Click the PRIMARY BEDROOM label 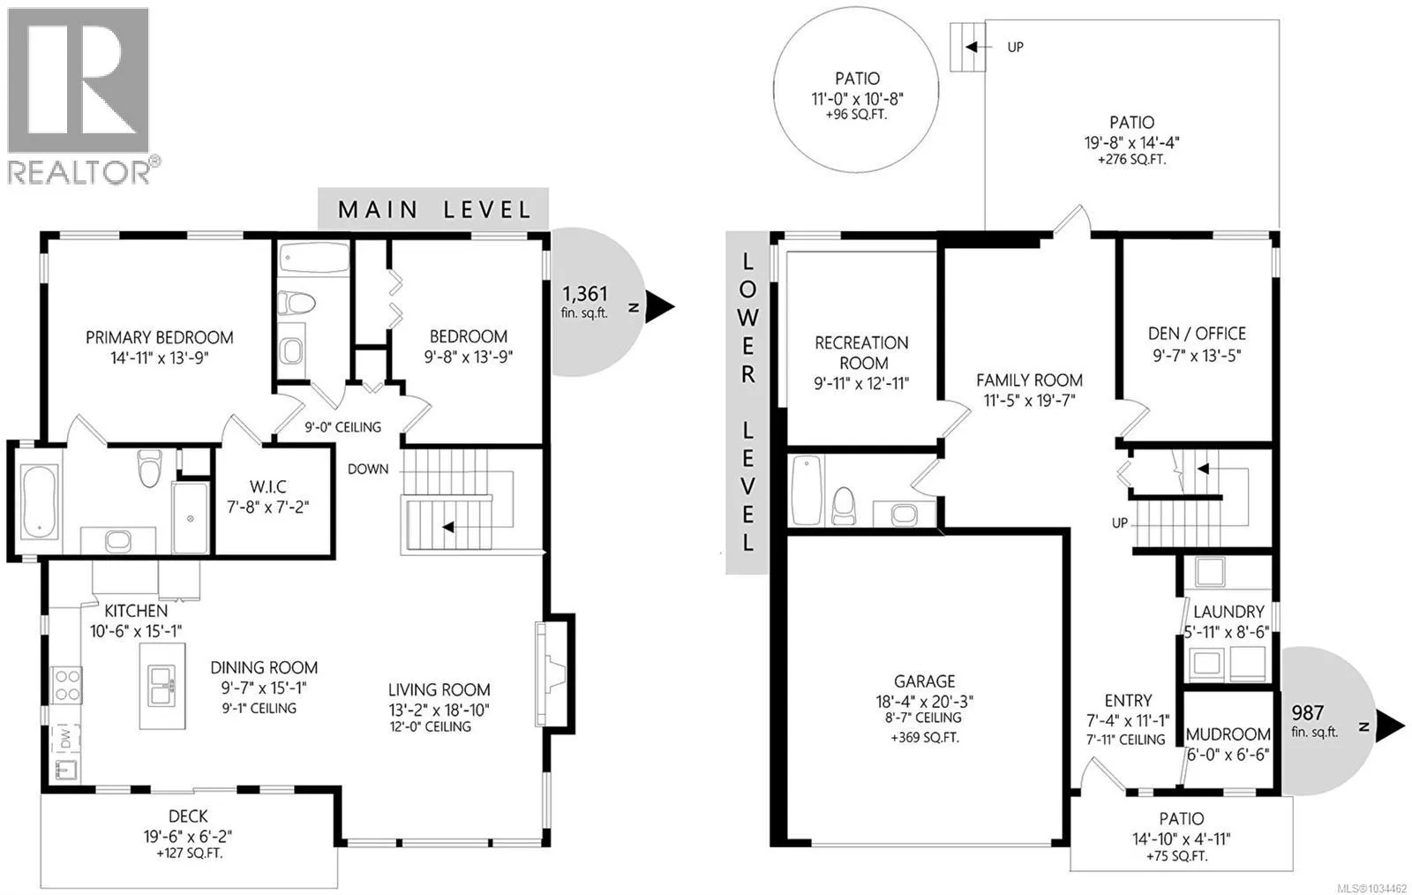pyautogui.click(x=160, y=337)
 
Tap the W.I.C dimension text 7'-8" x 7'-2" pyautogui.click(x=268, y=507)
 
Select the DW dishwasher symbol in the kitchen pyautogui.click(x=66, y=736)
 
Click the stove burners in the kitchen pyautogui.click(x=66, y=685)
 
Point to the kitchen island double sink pyautogui.click(x=162, y=686)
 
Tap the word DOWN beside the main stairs pyautogui.click(x=368, y=469)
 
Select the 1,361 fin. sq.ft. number pyautogui.click(x=585, y=294)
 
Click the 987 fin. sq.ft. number pyautogui.click(x=1307, y=713)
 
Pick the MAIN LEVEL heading pyautogui.click(x=434, y=209)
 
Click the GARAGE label pyautogui.click(x=925, y=681)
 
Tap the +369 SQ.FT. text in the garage pyautogui.click(x=925, y=737)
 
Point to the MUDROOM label pyautogui.click(x=1228, y=734)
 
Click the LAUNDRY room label pyautogui.click(x=1228, y=612)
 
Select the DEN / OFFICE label pyautogui.click(x=1197, y=334)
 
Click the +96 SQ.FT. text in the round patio pyautogui.click(x=857, y=116)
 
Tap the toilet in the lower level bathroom pyautogui.click(x=844, y=505)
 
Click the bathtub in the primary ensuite pyautogui.click(x=39, y=501)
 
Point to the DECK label pyautogui.click(x=188, y=816)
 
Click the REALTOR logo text pyautogui.click(x=79, y=171)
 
